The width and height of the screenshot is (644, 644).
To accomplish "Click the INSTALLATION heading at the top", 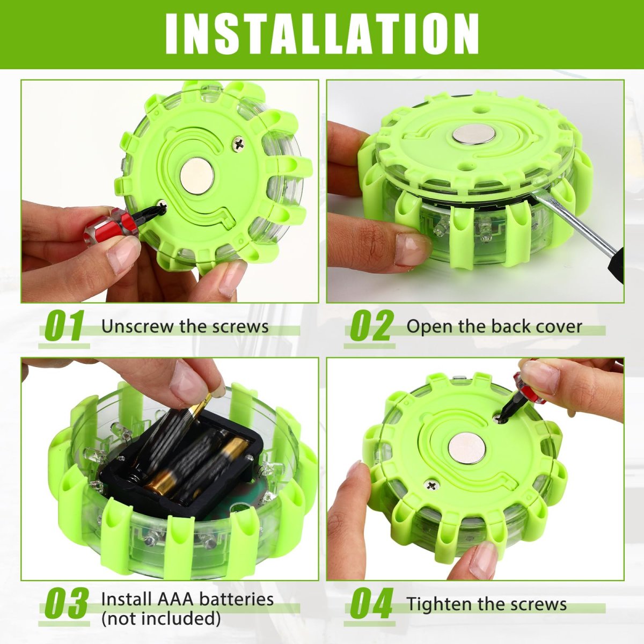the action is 322,34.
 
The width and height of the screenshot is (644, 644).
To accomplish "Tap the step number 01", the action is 64,326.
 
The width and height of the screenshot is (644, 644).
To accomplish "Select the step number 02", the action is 370,326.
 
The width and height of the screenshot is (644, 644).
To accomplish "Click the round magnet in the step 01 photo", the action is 197,176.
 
